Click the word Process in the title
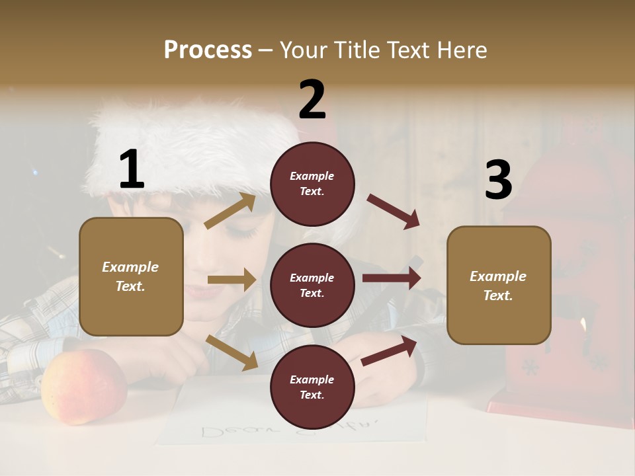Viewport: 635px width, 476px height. (x=208, y=50)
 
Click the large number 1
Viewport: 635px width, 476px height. (x=132, y=170)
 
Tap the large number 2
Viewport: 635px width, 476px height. (x=312, y=100)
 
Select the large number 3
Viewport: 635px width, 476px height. (x=498, y=180)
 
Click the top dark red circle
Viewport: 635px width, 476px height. (x=312, y=184)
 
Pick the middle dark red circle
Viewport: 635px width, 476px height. (x=312, y=285)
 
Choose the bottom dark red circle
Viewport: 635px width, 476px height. (x=312, y=387)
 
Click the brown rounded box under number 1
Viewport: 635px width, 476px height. (x=131, y=276)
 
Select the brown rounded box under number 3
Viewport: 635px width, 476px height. (x=499, y=285)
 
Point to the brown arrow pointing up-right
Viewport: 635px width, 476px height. (x=230, y=211)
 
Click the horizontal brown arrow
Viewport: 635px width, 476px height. (x=232, y=280)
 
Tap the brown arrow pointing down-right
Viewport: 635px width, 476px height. (x=232, y=352)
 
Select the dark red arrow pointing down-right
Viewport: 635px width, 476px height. (x=394, y=212)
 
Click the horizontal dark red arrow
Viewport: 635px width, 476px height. (x=392, y=278)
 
